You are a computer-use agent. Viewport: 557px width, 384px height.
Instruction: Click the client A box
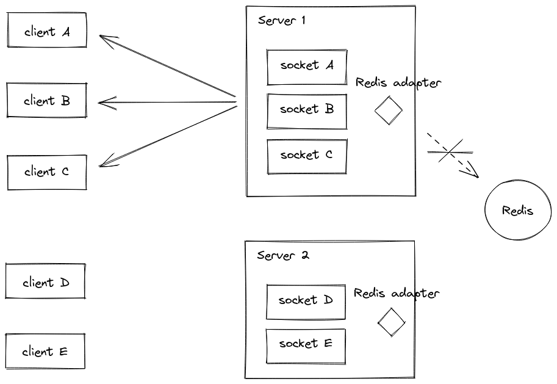[x=47, y=31]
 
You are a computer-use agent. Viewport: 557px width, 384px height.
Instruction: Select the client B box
[x=47, y=101]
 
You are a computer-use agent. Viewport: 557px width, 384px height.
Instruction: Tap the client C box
[x=47, y=172]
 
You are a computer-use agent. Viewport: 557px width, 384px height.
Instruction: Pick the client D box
[x=45, y=282]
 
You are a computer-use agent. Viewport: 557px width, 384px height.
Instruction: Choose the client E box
[x=45, y=352]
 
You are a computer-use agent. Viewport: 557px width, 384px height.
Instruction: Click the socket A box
[x=307, y=66]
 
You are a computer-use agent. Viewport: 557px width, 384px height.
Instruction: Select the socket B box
[x=307, y=110]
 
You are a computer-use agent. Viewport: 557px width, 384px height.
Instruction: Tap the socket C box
[x=307, y=156]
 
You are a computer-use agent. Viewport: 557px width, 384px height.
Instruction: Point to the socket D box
[x=306, y=301]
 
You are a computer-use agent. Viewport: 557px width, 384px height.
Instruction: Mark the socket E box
[x=306, y=345]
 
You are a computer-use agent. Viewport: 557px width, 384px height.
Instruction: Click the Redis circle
[x=518, y=211]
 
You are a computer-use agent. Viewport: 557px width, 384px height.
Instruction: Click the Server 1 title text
[x=282, y=20]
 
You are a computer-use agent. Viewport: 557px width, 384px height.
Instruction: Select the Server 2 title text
[x=283, y=255]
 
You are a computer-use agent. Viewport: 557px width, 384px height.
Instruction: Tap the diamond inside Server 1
[x=388, y=111]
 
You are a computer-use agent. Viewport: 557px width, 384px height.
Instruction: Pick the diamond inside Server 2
[x=391, y=322]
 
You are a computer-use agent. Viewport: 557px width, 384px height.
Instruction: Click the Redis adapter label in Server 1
[x=398, y=83]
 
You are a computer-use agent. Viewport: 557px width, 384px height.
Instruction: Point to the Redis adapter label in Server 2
[x=397, y=294]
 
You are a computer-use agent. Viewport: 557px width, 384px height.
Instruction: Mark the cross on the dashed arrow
[x=450, y=151]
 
